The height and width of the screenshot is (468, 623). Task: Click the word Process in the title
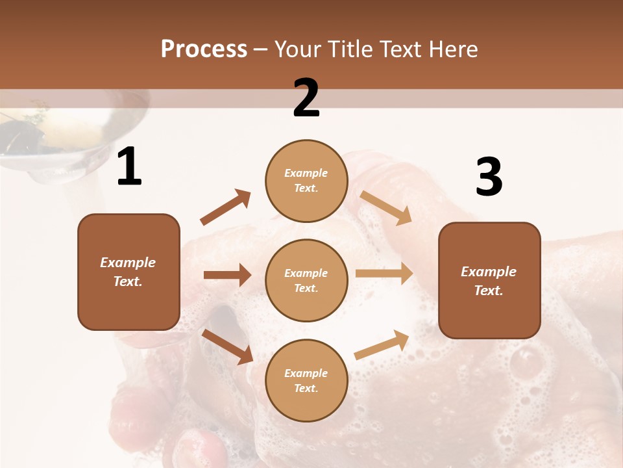point(204,49)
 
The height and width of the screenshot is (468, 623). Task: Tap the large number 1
point(129,167)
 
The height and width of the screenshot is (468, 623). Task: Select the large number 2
point(306,98)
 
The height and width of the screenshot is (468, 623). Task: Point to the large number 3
point(489,177)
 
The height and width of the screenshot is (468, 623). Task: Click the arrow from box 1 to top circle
point(225,207)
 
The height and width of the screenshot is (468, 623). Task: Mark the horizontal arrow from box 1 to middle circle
point(227,275)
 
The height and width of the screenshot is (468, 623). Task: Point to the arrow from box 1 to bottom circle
point(227,346)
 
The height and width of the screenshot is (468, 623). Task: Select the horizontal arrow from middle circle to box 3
point(384,274)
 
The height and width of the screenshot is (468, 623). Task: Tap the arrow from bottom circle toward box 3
point(382,345)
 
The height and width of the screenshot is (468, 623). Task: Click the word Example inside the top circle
point(306,173)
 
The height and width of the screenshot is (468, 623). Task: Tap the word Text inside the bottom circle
point(306,388)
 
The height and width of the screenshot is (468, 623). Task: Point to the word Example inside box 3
point(489,272)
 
